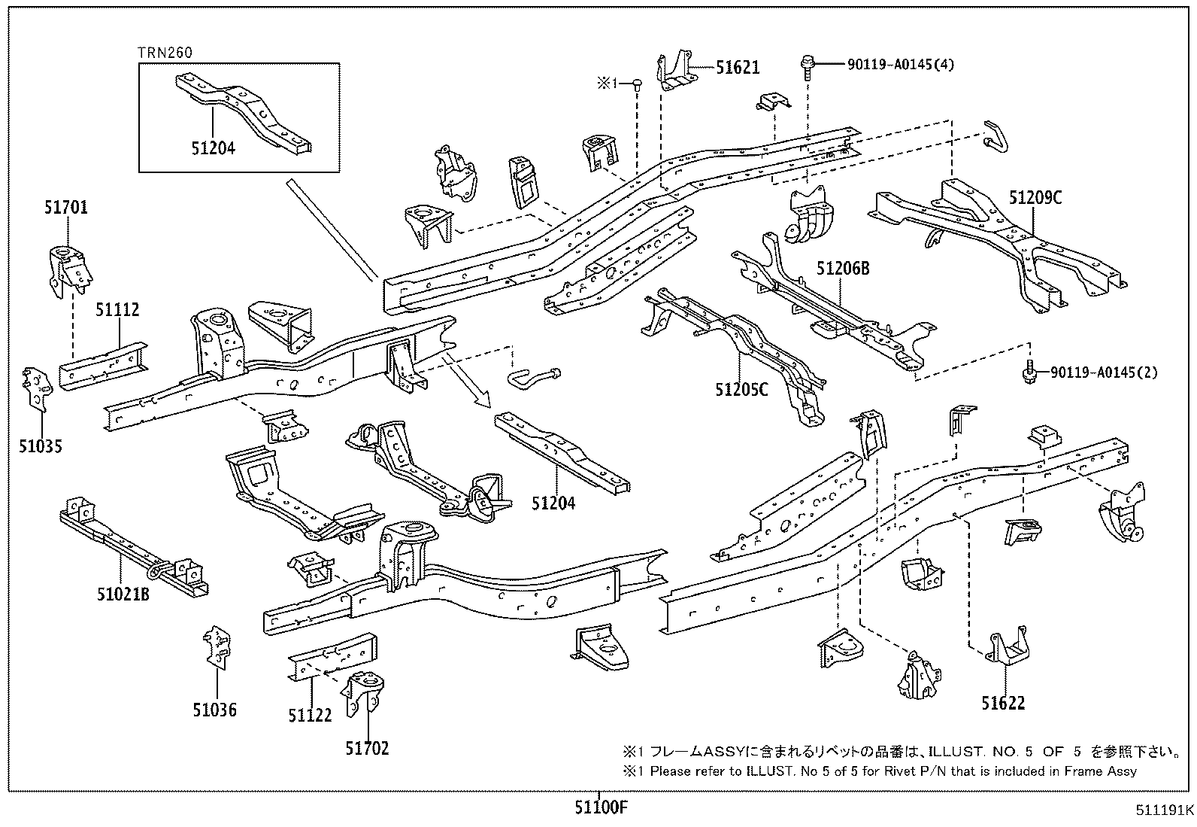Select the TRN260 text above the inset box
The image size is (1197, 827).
[x=165, y=53]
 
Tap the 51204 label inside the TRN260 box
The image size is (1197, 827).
[x=213, y=148]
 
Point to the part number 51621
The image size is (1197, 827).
[x=738, y=68]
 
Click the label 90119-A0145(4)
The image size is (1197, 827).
[x=889, y=65]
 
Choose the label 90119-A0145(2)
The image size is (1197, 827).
[x=1104, y=372]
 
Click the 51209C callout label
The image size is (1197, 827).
[x=1035, y=198]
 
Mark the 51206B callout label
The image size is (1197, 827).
[x=843, y=267]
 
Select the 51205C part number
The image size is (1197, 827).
[x=741, y=390]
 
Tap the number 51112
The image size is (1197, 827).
[x=117, y=309]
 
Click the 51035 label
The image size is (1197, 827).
[x=41, y=447]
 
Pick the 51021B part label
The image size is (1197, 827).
[x=123, y=594]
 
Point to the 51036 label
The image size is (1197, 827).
[x=214, y=710]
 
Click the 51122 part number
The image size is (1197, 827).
[x=310, y=715]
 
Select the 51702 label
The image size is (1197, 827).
[x=368, y=748]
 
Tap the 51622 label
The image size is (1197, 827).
[x=1003, y=704]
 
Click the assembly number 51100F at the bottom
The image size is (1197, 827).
[x=600, y=809]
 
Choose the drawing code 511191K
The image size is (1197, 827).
[x=1165, y=811]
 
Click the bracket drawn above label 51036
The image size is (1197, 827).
[x=217, y=645]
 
